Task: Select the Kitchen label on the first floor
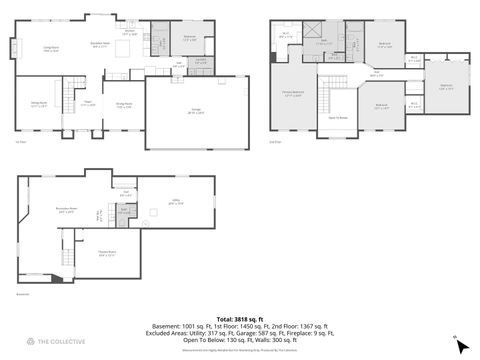(x=129, y=32)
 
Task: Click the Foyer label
(x=87, y=104)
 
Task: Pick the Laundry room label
(x=200, y=61)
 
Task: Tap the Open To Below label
(x=338, y=118)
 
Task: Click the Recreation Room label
(x=68, y=211)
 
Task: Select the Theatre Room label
(x=106, y=253)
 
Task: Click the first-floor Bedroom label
(x=189, y=38)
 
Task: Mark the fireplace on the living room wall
(x=14, y=48)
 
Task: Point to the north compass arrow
(x=459, y=344)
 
